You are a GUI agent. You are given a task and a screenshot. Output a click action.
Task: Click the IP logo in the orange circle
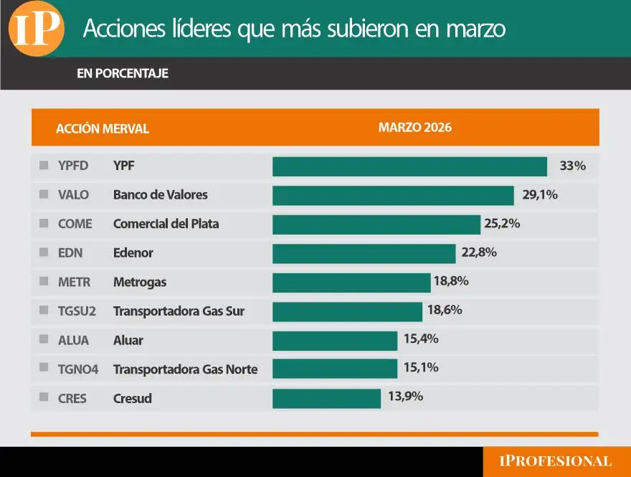[x=36, y=29]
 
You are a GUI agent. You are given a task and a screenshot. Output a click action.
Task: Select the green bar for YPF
[x=409, y=166]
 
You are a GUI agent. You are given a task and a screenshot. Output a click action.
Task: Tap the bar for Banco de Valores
[x=393, y=195]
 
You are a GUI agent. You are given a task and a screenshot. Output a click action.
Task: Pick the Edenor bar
[x=364, y=253]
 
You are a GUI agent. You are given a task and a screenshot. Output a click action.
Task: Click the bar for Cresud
[x=326, y=398]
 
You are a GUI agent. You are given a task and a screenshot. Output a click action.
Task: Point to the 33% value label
[x=573, y=166]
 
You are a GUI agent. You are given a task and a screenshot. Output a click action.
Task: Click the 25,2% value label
[x=502, y=224]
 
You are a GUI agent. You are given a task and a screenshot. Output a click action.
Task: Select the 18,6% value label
[x=444, y=311]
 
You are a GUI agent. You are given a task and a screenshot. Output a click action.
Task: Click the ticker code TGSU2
[x=77, y=311]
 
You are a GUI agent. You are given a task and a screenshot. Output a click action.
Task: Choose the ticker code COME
[x=75, y=224]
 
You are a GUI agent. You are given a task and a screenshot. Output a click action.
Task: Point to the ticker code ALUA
[x=74, y=341]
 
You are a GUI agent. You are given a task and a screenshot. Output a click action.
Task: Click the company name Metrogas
[x=140, y=282]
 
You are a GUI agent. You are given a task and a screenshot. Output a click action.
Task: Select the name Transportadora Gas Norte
[x=185, y=369]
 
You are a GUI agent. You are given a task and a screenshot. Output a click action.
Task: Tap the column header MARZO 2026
[x=415, y=128]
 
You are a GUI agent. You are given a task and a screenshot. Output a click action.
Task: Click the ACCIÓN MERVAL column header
[x=103, y=129]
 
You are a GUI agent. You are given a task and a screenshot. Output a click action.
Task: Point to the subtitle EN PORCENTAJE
[x=123, y=73]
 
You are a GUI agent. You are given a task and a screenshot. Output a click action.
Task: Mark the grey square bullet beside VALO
[x=44, y=194]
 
